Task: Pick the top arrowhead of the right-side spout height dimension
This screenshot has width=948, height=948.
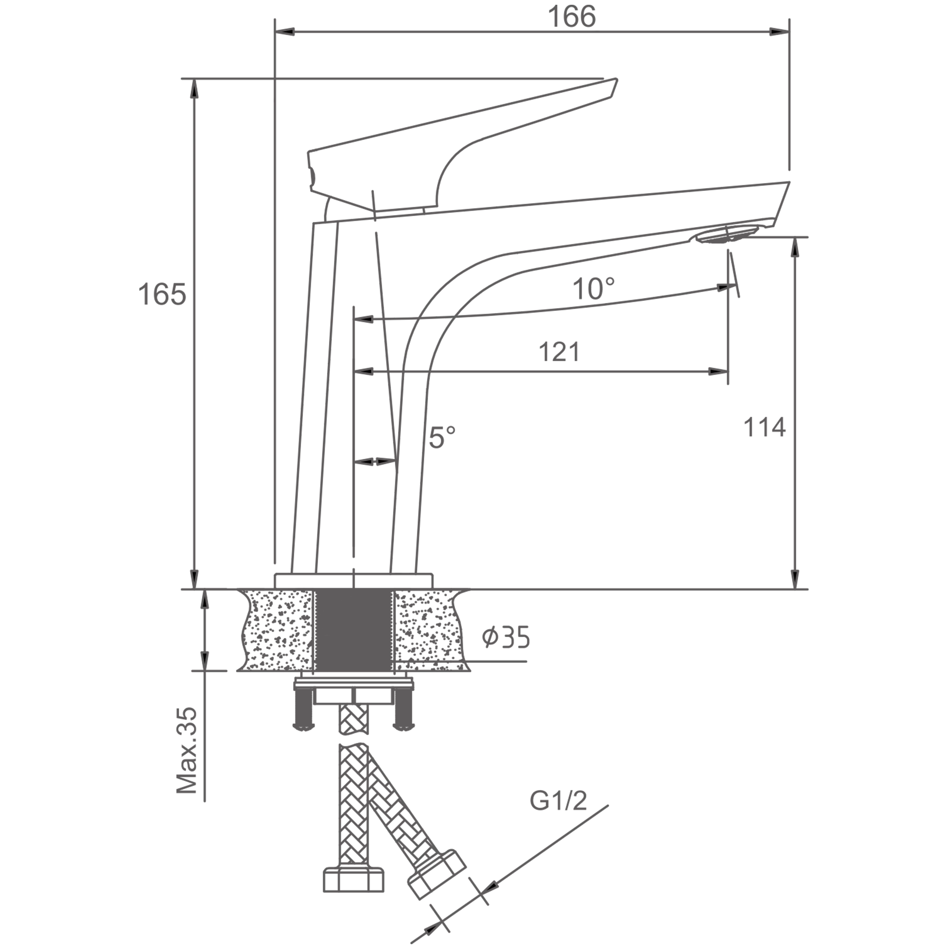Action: pyautogui.click(x=795, y=249)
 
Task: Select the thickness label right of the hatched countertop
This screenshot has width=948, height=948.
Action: pyautogui.click(x=505, y=638)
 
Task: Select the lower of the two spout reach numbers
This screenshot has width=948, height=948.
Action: pyautogui.click(x=556, y=351)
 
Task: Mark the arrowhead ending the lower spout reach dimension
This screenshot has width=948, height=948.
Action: pyautogui.click(x=719, y=371)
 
